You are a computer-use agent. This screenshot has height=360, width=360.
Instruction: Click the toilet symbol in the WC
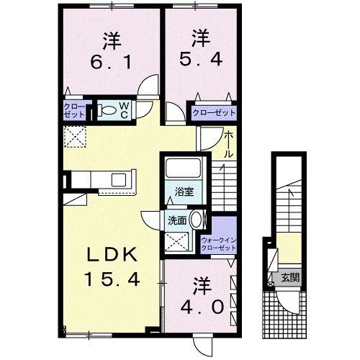[x=107, y=110]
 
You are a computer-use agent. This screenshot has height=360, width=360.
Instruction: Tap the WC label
[x=124, y=110]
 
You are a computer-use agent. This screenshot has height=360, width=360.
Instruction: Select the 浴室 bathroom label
[x=184, y=192]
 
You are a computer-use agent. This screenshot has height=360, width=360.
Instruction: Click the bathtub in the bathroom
[x=184, y=168]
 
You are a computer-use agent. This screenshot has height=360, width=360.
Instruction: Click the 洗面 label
[x=177, y=220]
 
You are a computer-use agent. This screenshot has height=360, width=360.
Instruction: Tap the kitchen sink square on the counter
[x=119, y=180]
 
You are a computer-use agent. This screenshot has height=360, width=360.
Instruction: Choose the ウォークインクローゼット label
[x=219, y=244]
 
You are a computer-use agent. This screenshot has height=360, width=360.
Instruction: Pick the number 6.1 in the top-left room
[x=112, y=63]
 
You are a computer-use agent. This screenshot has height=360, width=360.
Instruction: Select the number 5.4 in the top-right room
[x=201, y=60]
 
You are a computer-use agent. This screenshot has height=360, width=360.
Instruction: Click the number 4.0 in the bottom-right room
[x=202, y=307]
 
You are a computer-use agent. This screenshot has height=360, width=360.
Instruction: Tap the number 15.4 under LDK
[x=112, y=279]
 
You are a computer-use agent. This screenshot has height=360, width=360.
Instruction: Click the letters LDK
[x=112, y=255]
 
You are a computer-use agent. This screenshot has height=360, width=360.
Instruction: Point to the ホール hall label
[x=228, y=145]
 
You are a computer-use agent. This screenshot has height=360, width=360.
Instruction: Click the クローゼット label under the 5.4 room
[x=215, y=112]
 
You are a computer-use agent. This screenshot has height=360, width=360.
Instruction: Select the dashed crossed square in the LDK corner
[x=76, y=137]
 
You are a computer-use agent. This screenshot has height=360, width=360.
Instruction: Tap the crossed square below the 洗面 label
[x=176, y=241]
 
